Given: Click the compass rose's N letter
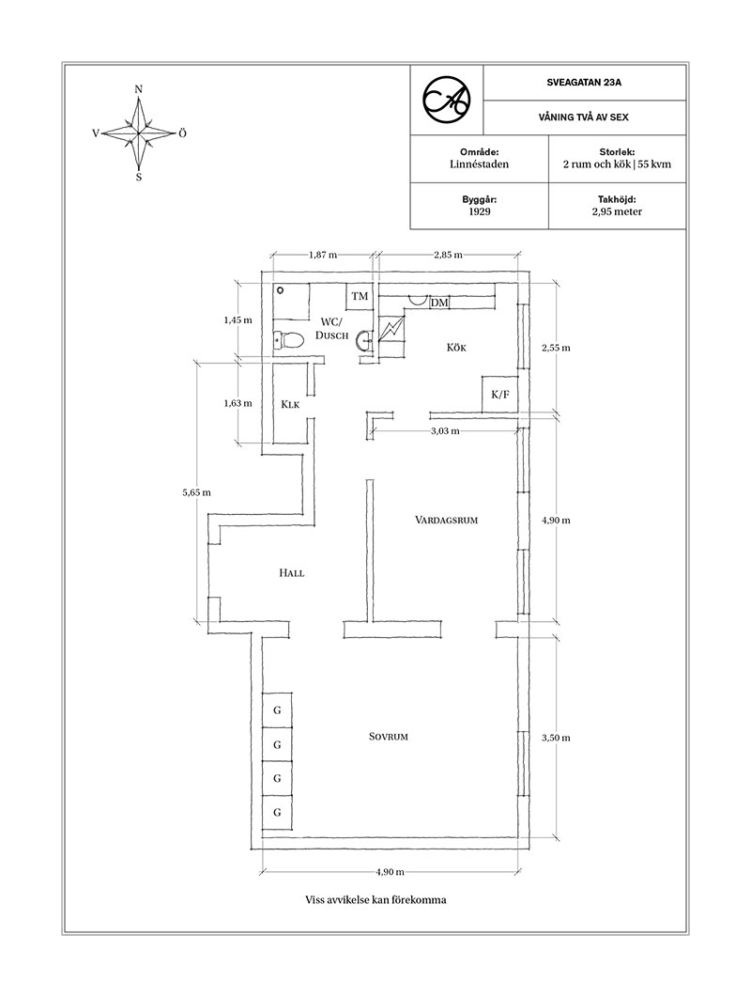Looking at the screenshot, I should tap(139, 89).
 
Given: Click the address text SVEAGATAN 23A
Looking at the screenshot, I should tap(584, 83).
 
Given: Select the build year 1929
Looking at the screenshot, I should tap(481, 212).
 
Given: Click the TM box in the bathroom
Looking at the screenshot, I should tap(359, 297).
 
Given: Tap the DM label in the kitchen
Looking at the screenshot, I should tap(439, 303).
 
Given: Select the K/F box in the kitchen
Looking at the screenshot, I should tap(499, 395).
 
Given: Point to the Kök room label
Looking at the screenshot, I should tap(456, 348).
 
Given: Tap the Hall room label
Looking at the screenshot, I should tap(291, 572).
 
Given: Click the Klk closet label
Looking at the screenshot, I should tap(289, 404).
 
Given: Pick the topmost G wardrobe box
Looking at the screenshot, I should tap(277, 709).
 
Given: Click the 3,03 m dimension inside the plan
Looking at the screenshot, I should tap(445, 431).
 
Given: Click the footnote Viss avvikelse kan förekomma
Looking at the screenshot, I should tap(375, 899).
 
